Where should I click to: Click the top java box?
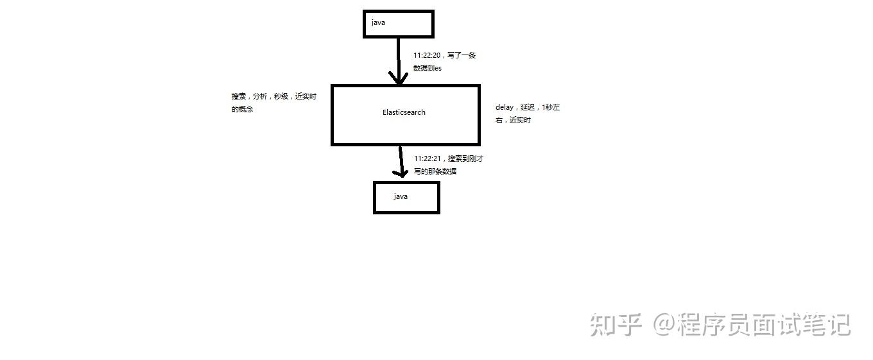(398, 24)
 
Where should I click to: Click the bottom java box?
(406, 198)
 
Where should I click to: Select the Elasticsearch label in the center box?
(404, 112)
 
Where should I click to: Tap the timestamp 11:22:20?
(427, 56)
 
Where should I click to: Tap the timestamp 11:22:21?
(427, 159)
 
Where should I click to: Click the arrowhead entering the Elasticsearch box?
(399, 79)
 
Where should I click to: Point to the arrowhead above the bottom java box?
(401, 172)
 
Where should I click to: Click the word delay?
(504, 108)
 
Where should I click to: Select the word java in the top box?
(378, 23)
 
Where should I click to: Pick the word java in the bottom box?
(401, 196)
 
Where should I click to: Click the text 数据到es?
(428, 69)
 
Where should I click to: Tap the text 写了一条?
(462, 56)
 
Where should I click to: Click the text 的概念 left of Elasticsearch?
(242, 110)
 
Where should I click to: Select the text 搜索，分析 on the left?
(250, 97)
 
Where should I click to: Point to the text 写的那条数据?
(435, 171)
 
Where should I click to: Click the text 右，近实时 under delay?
(513, 121)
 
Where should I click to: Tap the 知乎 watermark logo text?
(616, 325)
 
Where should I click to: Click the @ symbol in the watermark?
(665, 325)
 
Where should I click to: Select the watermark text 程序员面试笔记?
(765, 325)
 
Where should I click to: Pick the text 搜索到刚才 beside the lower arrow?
(465, 159)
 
